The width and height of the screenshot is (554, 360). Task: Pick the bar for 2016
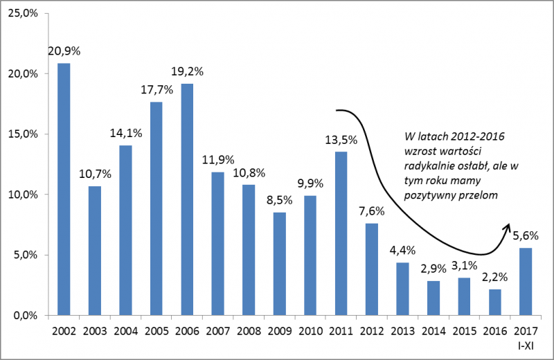[495, 302]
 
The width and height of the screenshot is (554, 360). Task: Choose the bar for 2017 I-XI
[526, 281]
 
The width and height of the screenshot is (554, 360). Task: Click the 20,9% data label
[63, 51]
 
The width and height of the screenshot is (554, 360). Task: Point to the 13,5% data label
[341, 139]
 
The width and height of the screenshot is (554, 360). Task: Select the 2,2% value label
[495, 277]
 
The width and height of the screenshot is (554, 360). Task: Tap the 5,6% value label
[526, 235]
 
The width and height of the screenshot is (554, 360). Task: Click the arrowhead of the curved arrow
[508, 227]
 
